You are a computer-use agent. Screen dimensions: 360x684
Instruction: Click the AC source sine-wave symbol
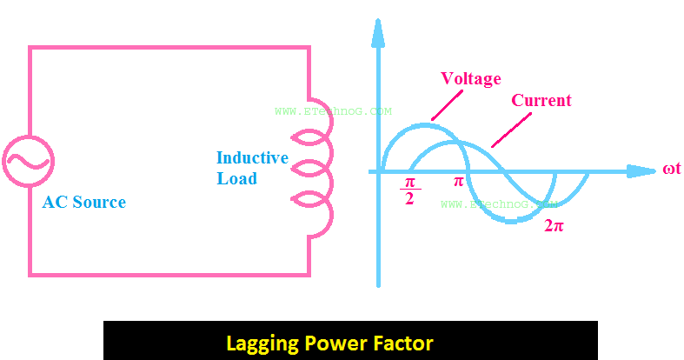click(x=29, y=161)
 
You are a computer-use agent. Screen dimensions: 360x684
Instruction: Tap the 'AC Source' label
click(x=84, y=203)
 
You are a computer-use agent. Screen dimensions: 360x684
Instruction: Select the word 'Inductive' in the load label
click(x=252, y=158)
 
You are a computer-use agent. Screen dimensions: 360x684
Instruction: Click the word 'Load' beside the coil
click(x=237, y=178)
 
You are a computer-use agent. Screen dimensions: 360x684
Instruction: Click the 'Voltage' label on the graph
click(x=471, y=79)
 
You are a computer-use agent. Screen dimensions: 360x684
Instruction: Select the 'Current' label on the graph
click(x=541, y=101)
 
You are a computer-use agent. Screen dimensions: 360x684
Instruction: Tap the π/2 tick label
click(x=409, y=190)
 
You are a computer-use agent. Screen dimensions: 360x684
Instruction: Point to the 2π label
click(x=555, y=225)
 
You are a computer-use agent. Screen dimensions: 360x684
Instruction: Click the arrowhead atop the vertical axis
click(x=378, y=31)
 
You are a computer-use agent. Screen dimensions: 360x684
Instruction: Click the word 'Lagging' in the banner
click(x=261, y=343)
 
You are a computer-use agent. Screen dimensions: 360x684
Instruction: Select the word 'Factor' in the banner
click(x=402, y=342)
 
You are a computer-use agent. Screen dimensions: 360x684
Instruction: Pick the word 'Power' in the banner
click(x=334, y=342)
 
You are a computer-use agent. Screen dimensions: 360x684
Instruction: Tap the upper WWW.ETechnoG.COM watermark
click(x=333, y=111)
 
